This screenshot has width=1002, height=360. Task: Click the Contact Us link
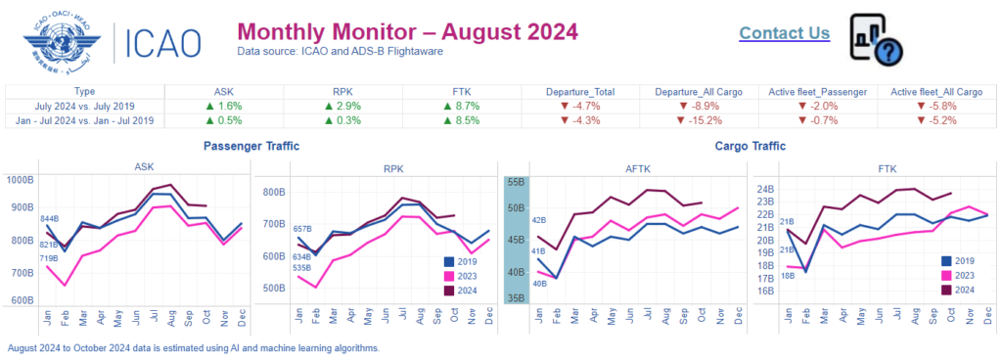coord(784,33)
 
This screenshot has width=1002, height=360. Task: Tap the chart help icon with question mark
coord(875,39)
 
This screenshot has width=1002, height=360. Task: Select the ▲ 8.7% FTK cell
coord(469,105)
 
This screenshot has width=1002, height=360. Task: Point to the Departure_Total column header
coord(580,92)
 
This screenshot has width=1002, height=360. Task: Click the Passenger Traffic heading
coord(251,146)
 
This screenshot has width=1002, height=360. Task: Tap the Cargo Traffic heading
coord(744,146)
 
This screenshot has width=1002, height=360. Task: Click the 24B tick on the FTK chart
coord(765,189)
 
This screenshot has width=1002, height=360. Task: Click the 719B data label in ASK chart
coord(49,258)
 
